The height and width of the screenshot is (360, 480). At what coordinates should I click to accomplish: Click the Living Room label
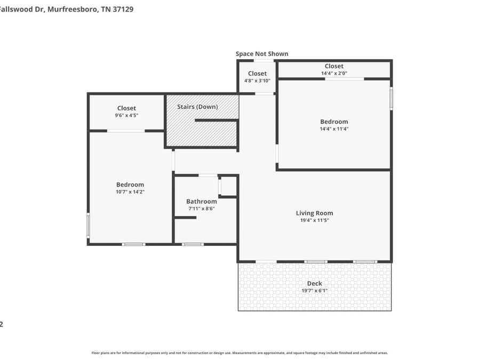click(x=314, y=213)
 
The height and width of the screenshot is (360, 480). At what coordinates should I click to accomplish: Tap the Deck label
click(x=314, y=283)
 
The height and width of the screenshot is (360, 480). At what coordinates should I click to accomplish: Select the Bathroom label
click(x=202, y=202)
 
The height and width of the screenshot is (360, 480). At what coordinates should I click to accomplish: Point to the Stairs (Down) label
click(x=197, y=107)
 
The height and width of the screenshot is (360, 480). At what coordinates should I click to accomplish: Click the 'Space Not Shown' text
click(x=262, y=54)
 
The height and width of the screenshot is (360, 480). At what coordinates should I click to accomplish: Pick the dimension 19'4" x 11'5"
click(x=314, y=220)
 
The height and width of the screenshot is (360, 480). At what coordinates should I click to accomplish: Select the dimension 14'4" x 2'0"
click(x=334, y=73)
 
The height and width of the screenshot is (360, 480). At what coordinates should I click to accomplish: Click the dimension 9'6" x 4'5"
click(x=126, y=115)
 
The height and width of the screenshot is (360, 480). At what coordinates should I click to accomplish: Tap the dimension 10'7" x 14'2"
click(x=130, y=191)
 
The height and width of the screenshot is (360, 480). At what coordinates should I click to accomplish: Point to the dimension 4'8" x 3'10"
click(x=257, y=81)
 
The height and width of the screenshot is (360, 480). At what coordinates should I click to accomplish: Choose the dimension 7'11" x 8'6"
click(x=202, y=209)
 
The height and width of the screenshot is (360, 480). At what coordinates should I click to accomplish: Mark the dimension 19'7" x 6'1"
click(x=314, y=291)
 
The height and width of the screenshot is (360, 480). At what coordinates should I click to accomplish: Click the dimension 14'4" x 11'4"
click(x=334, y=129)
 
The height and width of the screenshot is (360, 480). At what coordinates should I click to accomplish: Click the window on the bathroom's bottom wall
click(x=193, y=244)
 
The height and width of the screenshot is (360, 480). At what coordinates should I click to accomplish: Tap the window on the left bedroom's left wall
click(x=89, y=225)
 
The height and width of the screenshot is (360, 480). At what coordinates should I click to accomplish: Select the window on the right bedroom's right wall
click(x=391, y=99)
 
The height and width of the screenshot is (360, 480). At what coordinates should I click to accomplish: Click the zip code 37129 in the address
click(x=123, y=9)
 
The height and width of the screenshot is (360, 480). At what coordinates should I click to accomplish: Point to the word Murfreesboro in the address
click(x=71, y=9)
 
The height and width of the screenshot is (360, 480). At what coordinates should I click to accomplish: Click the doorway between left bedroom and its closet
click(x=126, y=131)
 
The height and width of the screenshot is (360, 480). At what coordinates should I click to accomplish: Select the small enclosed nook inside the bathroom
click(x=228, y=186)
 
